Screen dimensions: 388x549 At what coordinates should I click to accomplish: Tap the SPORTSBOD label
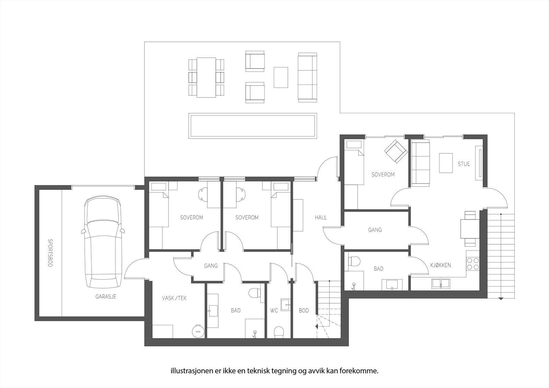pyautogui.click(x=50, y=253)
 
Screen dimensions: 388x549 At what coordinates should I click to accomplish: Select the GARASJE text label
pyautogui.click(x=106, y=296)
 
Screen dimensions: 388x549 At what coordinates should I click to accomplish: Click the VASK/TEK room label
pyautogui.click(x=174, y=298)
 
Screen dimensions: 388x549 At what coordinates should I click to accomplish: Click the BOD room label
pyautogui.click(x=304, y=310)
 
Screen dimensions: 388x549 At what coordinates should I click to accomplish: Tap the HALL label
pyautogui.click(x=321, y=217)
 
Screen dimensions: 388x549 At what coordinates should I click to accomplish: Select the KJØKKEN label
pyautogui.click(x=441, y=265)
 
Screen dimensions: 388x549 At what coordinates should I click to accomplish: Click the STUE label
pyautogui.click(x=464, y=164)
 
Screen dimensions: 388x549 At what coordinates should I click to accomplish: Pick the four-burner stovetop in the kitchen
pyautogui.click(x=472, y=263)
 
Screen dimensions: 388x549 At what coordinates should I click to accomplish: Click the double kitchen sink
pyautogui.click(x=441, y=283)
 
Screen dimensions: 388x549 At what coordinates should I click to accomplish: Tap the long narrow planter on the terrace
pyautogui.click(x=252, y=127)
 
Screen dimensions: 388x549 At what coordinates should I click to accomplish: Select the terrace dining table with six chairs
pyautogui.click(x=206, y=77)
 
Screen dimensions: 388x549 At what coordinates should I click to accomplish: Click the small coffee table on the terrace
pyautogui.click(x=281, y=77)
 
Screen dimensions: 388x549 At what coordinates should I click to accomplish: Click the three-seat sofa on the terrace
pyautogui.click(x=307, y=77)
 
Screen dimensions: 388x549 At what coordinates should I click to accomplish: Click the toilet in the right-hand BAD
pyautogui.click(x=354, y=261)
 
